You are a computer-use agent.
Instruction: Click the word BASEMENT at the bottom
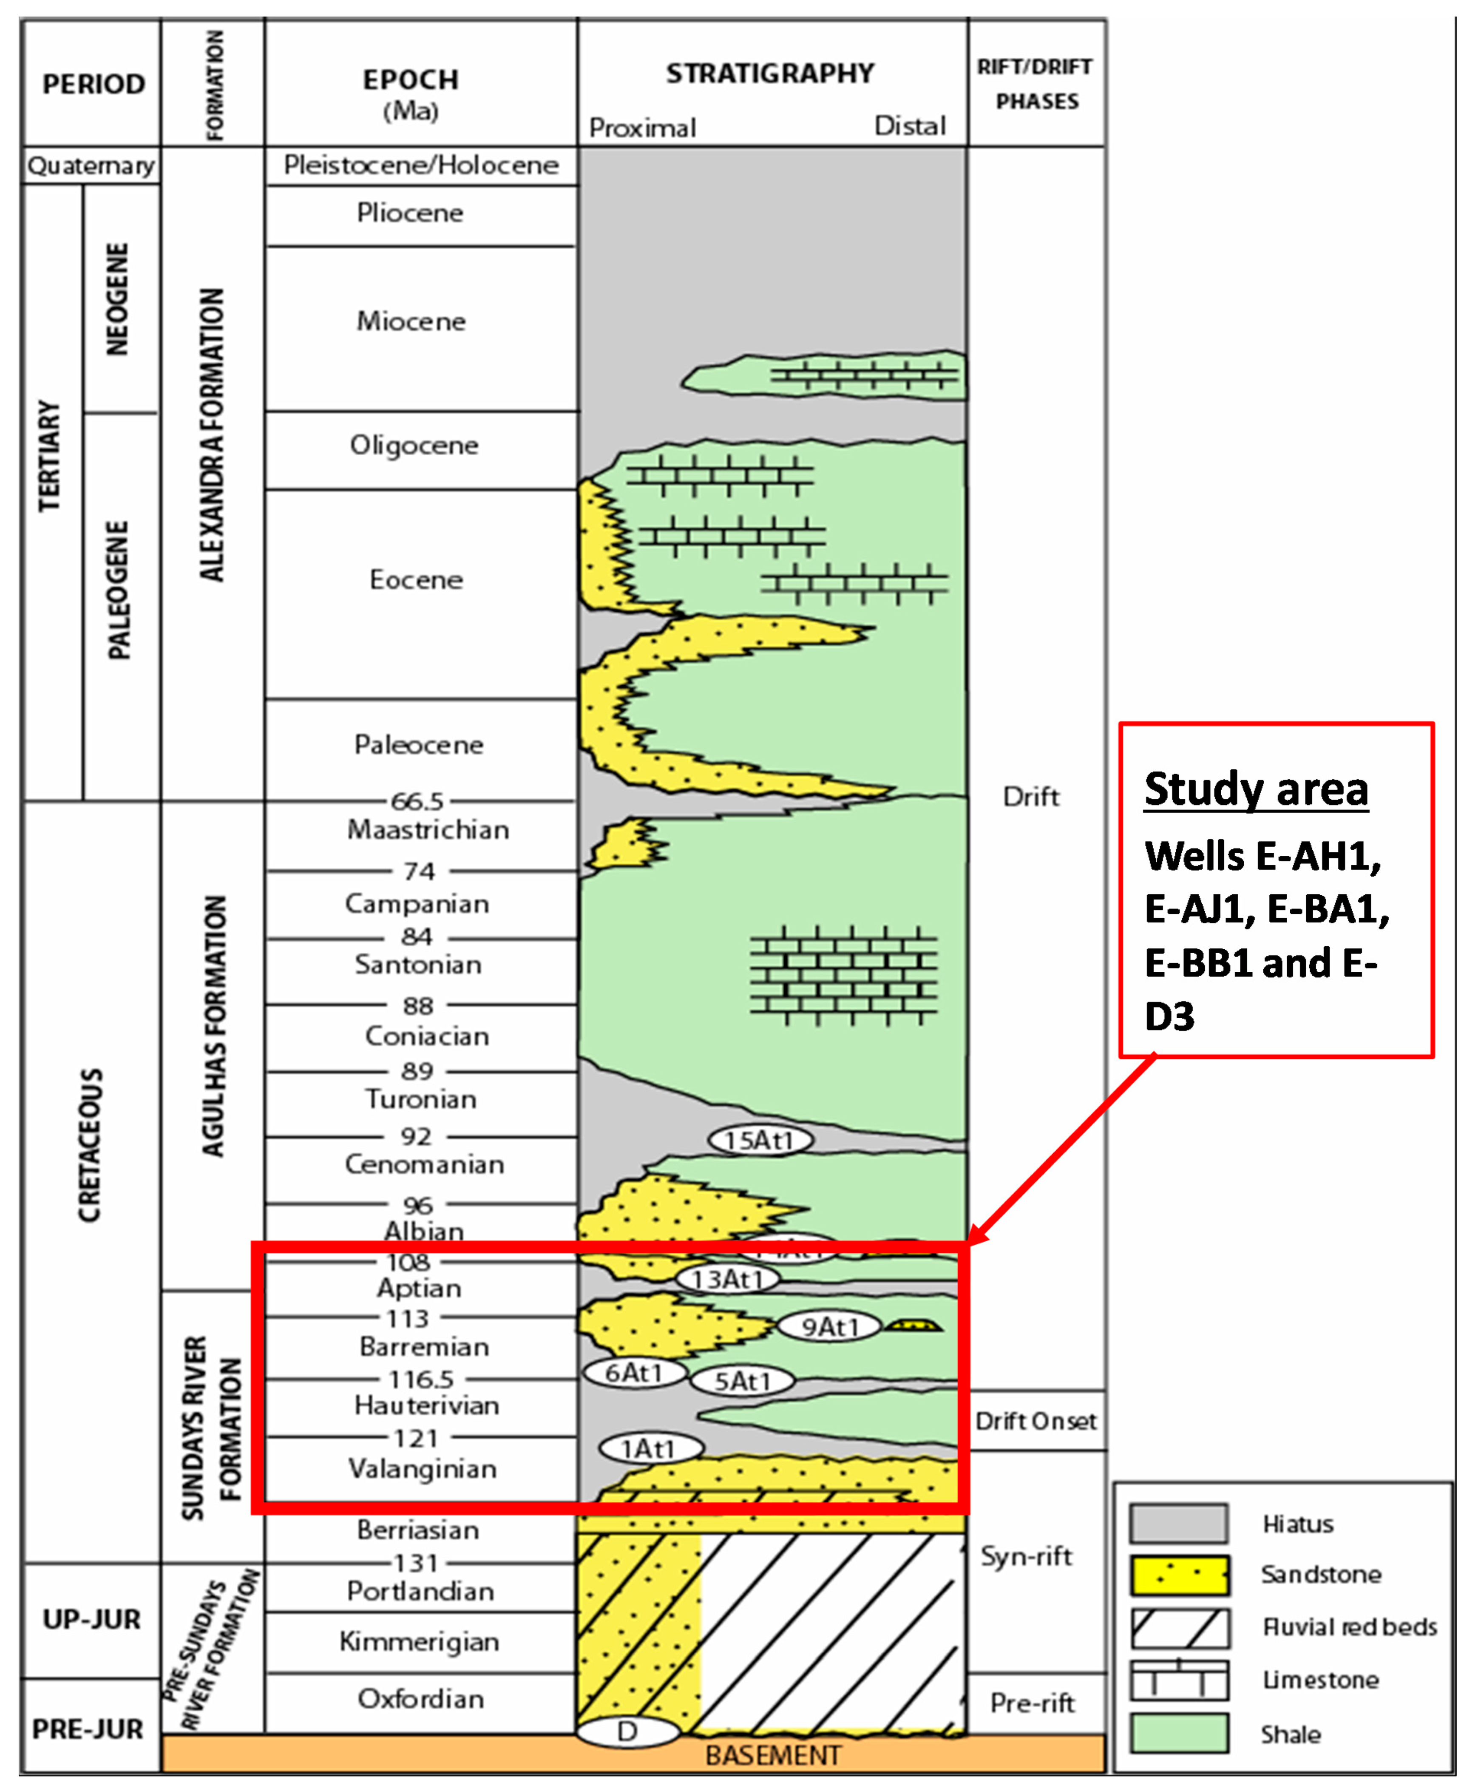pyautogui.click(x=772, y=1755)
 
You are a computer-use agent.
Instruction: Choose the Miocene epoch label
pyautogui.click(x=411, y=321)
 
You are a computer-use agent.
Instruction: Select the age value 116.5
pyautogui.click(x=421, y=1379)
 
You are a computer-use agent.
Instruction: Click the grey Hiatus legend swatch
pyautogui.click(x=1179, y=1523)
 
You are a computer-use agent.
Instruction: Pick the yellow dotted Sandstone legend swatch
pyautogui.click(x=1179, y=1575)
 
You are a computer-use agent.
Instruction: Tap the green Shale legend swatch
pyautogui.click(x=1179, y=1734)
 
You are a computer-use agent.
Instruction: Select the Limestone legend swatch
pyautogui.click(x=1179, y=1680)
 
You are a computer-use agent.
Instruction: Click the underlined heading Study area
pyautogui.click(x=1256, y=789)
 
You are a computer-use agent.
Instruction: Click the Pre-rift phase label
pyautogui.click(x=1032, y=1703)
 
